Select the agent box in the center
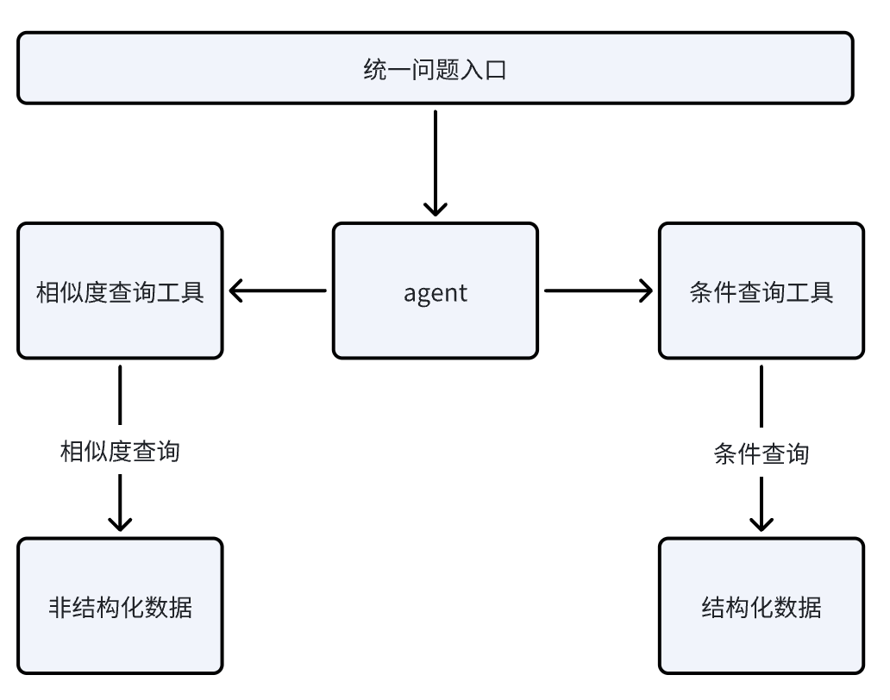click(435, 291)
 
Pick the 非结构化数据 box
click(120, 605)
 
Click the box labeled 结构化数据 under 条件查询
click(761, 605)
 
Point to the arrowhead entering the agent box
click(436, 208)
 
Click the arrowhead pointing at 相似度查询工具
click(238, 291)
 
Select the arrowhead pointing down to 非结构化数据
click(120, 522)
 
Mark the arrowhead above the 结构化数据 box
click(761, 522)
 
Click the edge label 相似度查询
click(120, 451)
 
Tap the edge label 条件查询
click(761, 453)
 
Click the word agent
click(435, 292)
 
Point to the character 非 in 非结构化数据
click(59, 607)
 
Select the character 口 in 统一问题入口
click(496, 69)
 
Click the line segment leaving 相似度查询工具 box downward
click(120, 397)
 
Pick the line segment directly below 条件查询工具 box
click(761, 397)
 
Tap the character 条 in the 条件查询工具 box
click(701, 291)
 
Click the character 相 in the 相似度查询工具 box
click(47, 291)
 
